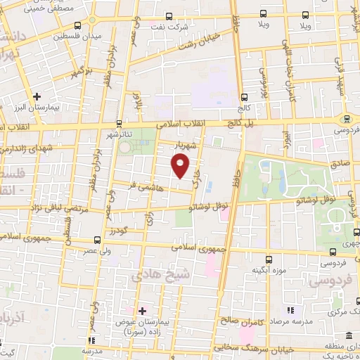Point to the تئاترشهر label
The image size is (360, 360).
119,134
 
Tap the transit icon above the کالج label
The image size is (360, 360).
244,97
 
